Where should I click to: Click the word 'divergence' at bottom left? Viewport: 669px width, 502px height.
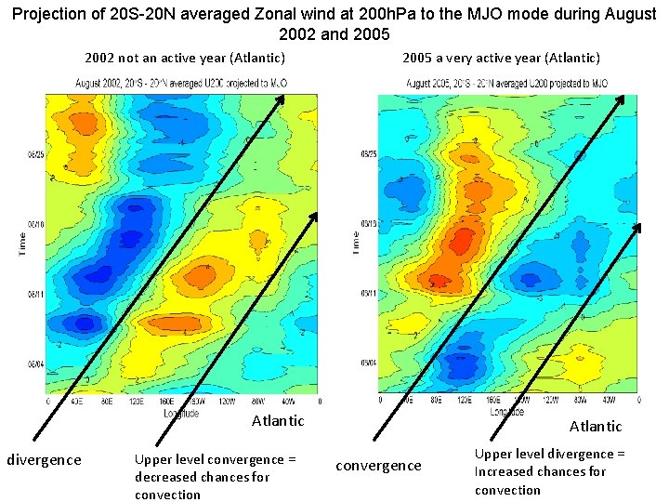point(44,459)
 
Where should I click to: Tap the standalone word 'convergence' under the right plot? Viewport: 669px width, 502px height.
point(378,465)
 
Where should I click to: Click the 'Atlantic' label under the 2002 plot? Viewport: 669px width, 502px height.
point(278,421)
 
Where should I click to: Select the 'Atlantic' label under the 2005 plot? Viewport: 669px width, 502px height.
point(596,426)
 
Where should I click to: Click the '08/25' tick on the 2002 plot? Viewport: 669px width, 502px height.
point(34,154)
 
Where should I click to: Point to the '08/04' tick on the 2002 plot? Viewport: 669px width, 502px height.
point(34,365)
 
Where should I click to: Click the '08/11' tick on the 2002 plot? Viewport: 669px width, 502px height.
point(34,295)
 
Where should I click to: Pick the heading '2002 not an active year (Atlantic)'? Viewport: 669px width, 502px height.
point(185,58)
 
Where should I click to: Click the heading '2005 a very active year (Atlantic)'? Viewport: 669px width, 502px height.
point(501,58)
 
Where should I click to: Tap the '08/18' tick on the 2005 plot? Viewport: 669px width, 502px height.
point(369,223)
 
